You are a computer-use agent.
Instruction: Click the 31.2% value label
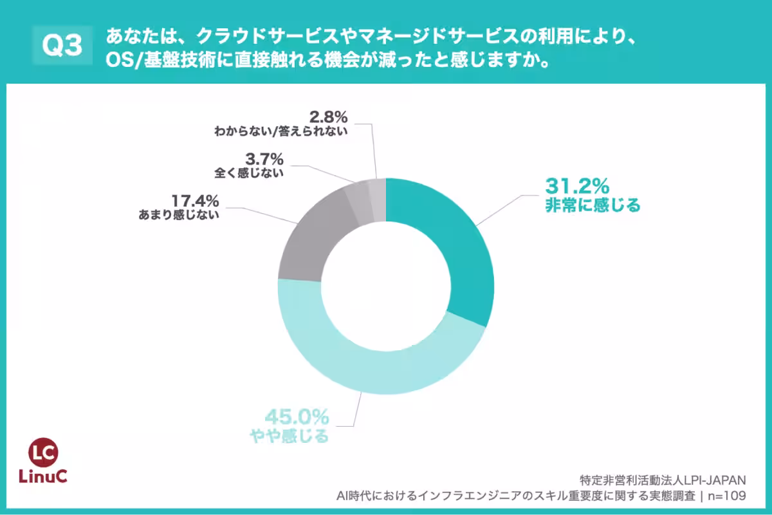(576, 187)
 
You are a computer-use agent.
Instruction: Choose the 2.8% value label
(328, 117)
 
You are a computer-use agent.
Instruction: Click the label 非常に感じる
(593, 206)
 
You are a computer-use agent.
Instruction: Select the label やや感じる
(289, 436)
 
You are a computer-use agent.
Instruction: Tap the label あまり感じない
(179, 216)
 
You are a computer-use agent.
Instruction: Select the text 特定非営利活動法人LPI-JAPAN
(662, 480)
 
